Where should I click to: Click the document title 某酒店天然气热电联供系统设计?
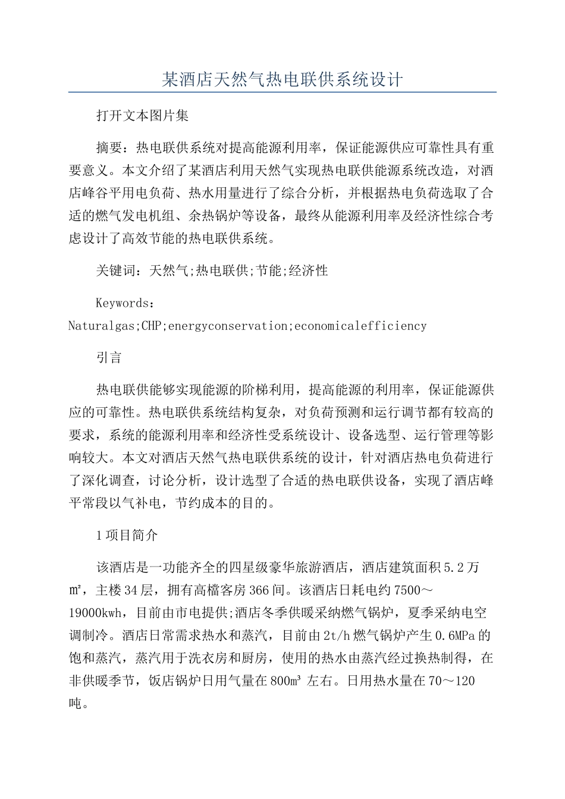coord(282,79)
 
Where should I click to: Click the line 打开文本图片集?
coord(142,116)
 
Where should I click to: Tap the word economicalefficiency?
coord(360,326)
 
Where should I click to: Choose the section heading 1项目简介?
coord(127,535)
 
